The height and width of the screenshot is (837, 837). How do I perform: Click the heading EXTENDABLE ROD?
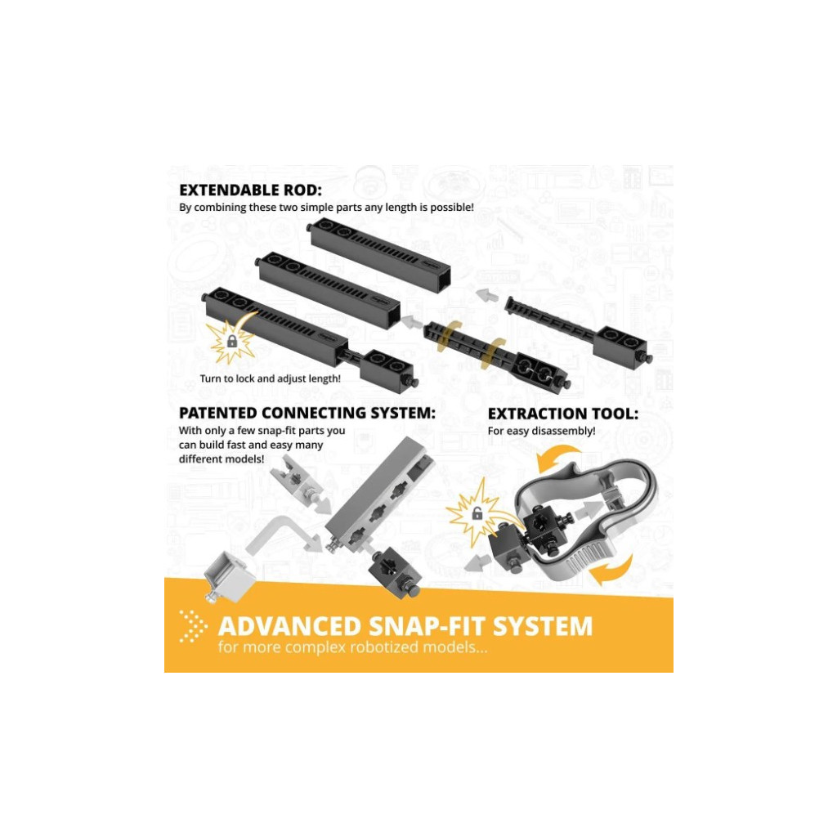click(x=250, y=190)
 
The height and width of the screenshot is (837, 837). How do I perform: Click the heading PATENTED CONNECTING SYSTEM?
click(x=307, y=413)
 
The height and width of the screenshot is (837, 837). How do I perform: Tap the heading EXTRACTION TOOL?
click(x=562, y=414)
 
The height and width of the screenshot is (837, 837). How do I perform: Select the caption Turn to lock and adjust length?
click(x=270, y=378)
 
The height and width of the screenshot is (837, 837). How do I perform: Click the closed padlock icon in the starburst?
click(x=232, y=341)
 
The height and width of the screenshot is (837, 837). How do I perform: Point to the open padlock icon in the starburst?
click(x=477, y=513)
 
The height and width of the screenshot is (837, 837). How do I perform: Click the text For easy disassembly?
click(x=541, y=431)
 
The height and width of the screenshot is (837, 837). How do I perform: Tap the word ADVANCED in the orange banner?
click(x=290, y=626)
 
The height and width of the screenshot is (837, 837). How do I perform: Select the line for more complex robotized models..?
click(x=352, y=647)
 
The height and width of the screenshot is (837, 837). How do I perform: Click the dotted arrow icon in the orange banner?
click(x=193, y=625)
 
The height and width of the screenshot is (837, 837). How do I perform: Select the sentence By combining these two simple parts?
click(x=326, y=207)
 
